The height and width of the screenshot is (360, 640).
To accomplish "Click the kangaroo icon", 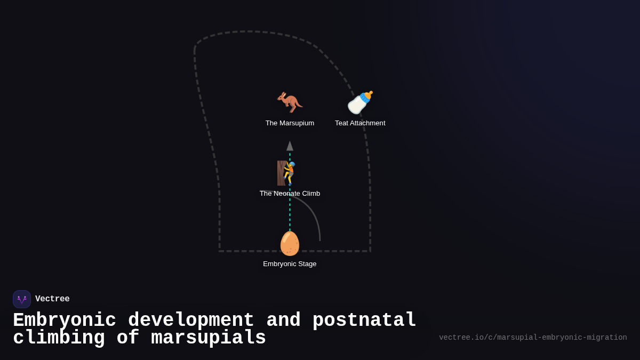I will point(290,102).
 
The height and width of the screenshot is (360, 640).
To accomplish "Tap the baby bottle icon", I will point(360,102).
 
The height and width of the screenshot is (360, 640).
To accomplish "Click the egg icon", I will point(290,243).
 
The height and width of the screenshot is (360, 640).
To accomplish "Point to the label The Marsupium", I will point(290,123).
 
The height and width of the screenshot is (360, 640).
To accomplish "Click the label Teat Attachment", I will point(360,123).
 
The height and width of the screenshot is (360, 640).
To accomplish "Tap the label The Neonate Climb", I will point(290,194).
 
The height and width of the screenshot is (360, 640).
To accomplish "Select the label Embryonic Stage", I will point(290,264).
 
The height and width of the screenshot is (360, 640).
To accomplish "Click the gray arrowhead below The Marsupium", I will point(290,146).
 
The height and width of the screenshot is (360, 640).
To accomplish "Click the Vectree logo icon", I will point(22,299).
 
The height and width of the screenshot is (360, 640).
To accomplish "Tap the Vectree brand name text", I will point(52,299).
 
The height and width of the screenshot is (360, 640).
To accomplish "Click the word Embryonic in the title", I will point(65,321).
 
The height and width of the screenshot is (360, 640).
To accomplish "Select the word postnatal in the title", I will point(364,321).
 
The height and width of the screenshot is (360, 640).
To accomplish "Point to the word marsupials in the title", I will point(209,338).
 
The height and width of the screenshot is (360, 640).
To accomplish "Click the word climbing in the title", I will point(59,338).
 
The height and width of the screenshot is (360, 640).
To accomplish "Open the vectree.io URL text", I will point(533,338).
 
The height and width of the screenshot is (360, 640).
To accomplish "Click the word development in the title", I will point(191,321).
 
